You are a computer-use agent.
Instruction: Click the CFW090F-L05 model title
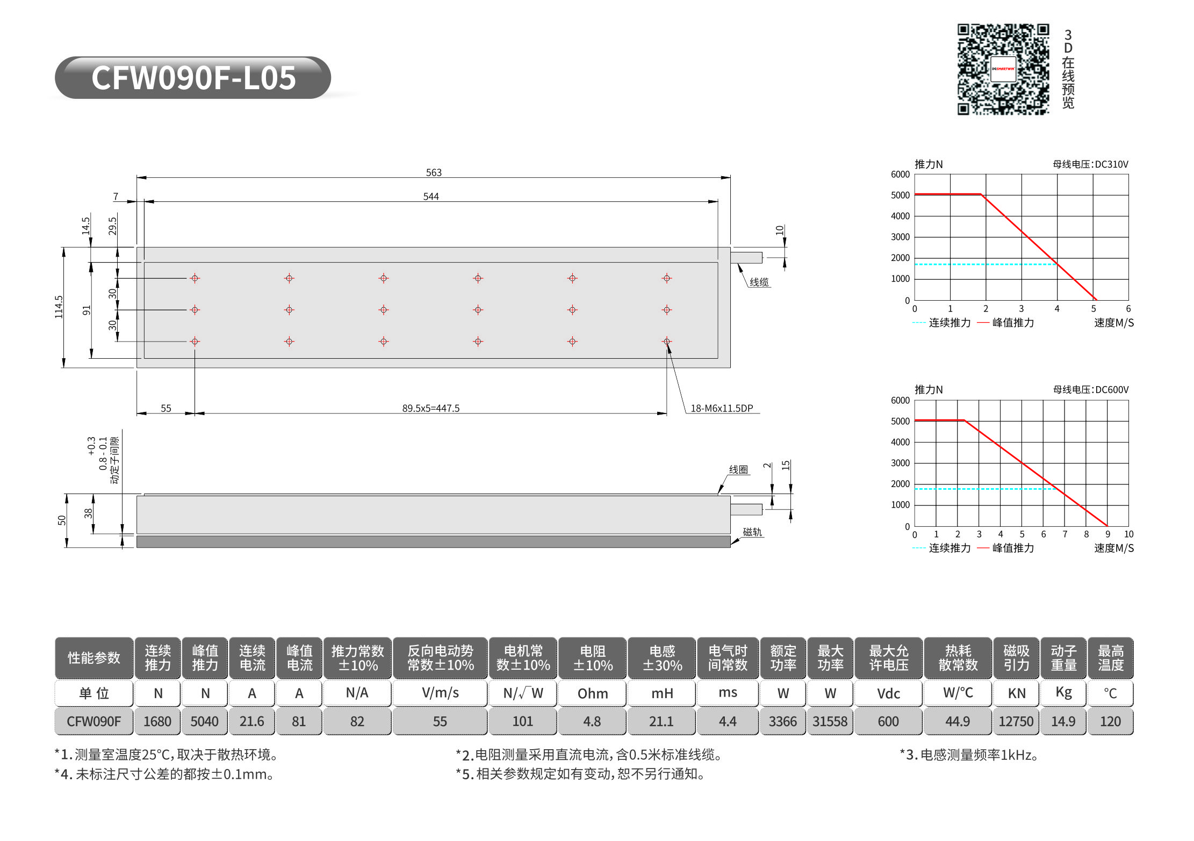pyautogui.click(x=193, y=78)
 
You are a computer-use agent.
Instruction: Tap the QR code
pyautogui.click(x=1003, y=69)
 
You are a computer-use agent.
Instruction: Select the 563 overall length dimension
pyautogui.click(x=434, y=172)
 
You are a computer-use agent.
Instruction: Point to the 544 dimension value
pyautogui.click(x=431, y=197)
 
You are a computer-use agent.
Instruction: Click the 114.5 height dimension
pyautogui.click(x=59, y=307)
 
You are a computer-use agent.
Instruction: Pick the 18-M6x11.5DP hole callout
pyautogui.click(x=722, y=408)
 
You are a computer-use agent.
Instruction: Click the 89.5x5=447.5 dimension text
pyautogui.click(x=431, y=408)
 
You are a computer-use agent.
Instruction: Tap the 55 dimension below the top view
pyautogui.click(x=166, y=408)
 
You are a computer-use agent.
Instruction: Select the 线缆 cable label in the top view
pyautogui.click(x=759, y=282)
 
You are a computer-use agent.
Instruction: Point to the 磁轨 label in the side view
pyautogui.click(x=752, y=532)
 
